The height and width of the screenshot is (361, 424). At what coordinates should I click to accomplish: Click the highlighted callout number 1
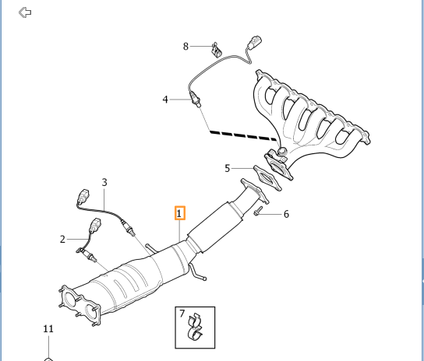point(179,212)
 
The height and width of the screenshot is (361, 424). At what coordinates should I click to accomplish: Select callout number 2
point(62,239)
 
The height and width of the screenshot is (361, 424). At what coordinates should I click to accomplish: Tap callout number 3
point(104,182)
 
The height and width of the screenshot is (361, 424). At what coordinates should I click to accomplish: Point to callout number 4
point(165,100)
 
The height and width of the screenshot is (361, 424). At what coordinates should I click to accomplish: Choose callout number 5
point(228,167)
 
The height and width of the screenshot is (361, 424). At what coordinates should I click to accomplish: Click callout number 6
point(285,214)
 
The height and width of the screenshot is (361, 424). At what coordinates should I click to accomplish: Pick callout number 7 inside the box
point(182,314)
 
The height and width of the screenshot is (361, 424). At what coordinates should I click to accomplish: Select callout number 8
point(185,47)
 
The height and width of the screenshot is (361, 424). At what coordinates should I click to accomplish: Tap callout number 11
point(48,329)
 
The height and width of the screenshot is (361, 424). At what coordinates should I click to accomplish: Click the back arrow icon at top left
point(26,12)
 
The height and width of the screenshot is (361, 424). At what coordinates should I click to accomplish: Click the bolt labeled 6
point(257,209)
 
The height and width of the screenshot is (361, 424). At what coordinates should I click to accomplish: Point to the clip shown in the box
point(194,329)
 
